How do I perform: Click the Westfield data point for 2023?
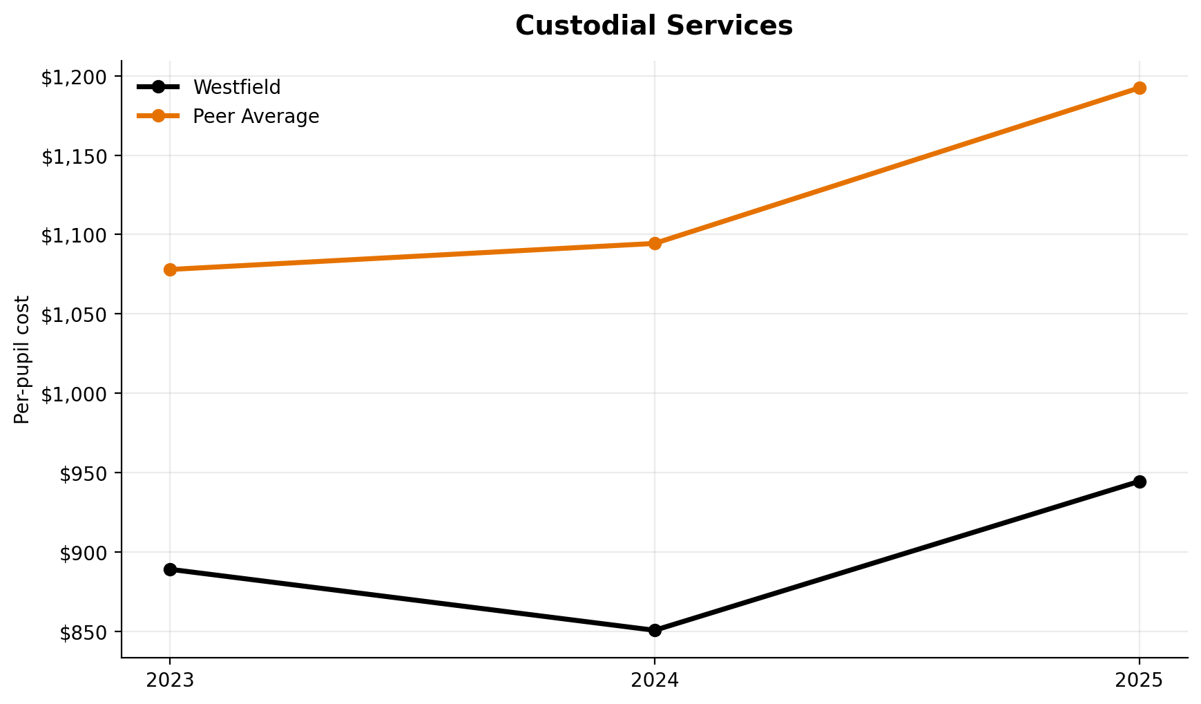pyautogui.click(x=170, y=569)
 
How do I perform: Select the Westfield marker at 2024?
pyautogui.click(x=655, y=630)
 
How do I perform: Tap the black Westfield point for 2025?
pyautogui.click(x=1140, y=482)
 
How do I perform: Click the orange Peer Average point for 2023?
pyautogui.click(x=170, y=269)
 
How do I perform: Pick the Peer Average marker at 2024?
pyautogui.click(x=655, y=243)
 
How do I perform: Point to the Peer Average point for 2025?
pyautogui.click(x=1140, y=88)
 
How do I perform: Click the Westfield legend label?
pyautogui.click(x=236, y=88)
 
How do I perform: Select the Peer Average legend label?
pyautogui.click(x=256, y=117)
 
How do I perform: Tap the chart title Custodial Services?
pyautogui.click(x=654, y=26)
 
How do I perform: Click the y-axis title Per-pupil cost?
pyautogui.click(x=23, y=359)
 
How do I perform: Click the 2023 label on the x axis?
pyautogui.click(x=170, y=681)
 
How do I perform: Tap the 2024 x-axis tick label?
pyautogui.click(x=655, y=681)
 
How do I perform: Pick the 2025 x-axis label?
pyautogui.click(x=1140, y=681)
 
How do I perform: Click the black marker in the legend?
pyautogui.click(x=158, y=87)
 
